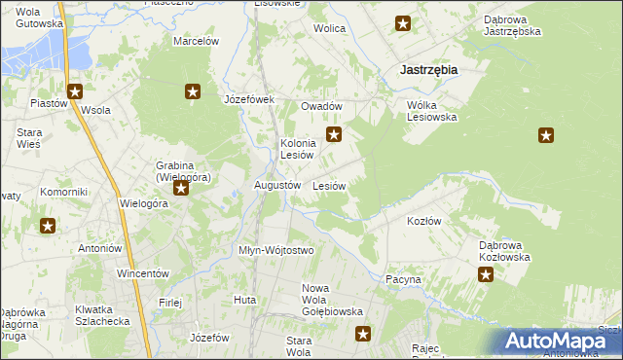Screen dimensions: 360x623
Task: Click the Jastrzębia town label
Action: [x=429, y=70]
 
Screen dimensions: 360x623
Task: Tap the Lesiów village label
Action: [x=330, y=185]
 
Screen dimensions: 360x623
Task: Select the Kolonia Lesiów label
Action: [x=296, y=149]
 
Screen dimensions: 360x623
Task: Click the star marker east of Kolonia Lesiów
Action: [x=334, y=135]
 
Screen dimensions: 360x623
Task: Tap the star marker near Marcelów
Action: [x=193, y=92]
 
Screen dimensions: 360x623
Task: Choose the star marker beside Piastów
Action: [x=75, y=92]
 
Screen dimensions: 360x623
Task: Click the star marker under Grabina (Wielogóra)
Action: [x=180, y=191]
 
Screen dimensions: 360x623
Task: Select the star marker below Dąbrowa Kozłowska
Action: [x=486, y=275]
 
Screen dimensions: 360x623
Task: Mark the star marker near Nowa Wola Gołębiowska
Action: [x=363, y=335]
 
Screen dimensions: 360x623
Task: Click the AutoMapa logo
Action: [x=562, y=342]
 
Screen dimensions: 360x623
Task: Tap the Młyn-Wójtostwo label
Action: [x=276, y=250]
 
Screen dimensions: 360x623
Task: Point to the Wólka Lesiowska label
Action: [x=431, y=111]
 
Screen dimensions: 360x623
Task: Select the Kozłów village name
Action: [x=423, y=221]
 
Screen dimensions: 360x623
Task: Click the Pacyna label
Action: [x=403, y=279]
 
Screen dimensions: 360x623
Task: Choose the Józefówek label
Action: [x=250, y=99]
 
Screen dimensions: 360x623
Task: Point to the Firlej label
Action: [x=170, y=303]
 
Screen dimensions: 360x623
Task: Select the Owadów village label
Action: [x=321, y=106]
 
